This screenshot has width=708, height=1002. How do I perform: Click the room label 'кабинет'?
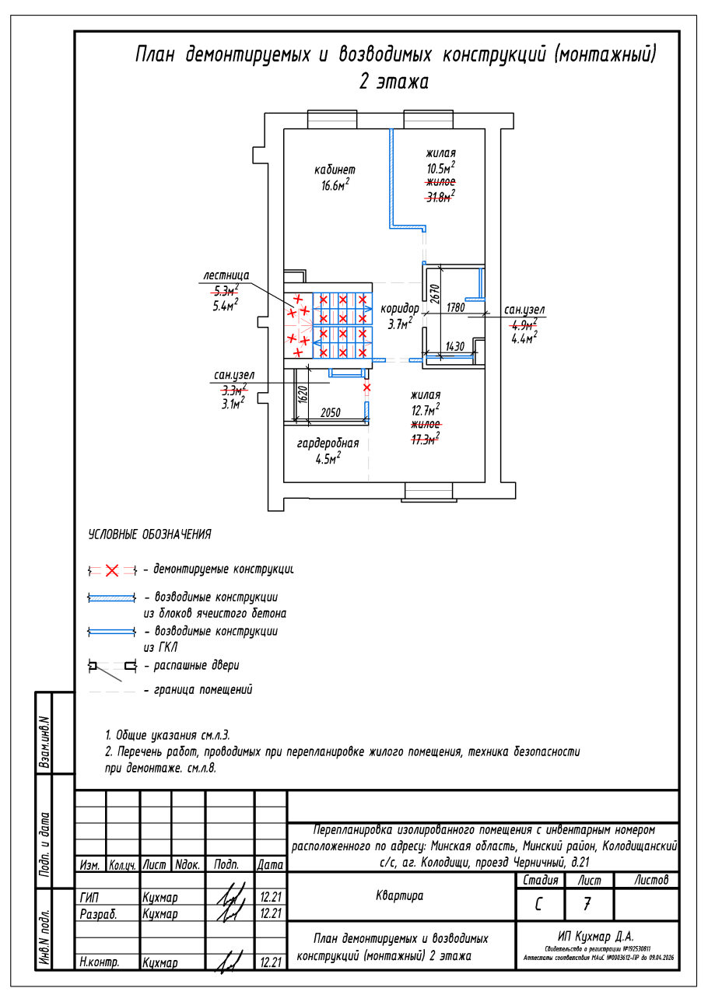click(335, 170)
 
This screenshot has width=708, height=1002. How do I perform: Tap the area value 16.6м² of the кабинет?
click(335, 185)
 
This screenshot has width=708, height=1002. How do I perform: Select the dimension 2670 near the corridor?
click(435, 293)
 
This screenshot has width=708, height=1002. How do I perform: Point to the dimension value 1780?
click(455, 308)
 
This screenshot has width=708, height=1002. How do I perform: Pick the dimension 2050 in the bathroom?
click(331, 414)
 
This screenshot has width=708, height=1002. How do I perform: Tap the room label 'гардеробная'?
click(328, 443)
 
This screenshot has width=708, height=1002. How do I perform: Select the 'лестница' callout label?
click(226, 275)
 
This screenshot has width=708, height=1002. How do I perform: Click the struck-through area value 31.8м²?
click(440, 196)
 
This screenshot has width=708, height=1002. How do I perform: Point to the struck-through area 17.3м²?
click(425, 439)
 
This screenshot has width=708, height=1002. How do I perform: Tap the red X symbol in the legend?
click(112, 571)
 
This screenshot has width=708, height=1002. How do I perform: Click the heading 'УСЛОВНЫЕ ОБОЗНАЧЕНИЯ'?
click(149, 535)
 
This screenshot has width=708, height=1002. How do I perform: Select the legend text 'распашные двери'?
click(197, 666)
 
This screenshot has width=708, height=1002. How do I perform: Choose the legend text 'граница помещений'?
click(203, 690)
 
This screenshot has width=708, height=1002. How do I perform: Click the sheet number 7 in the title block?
click(587, 905)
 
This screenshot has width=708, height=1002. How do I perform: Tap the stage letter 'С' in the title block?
click(538, 905)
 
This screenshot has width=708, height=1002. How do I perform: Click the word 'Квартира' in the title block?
click(400, 895)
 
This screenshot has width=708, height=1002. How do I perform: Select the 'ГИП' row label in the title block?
click(89, 897)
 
